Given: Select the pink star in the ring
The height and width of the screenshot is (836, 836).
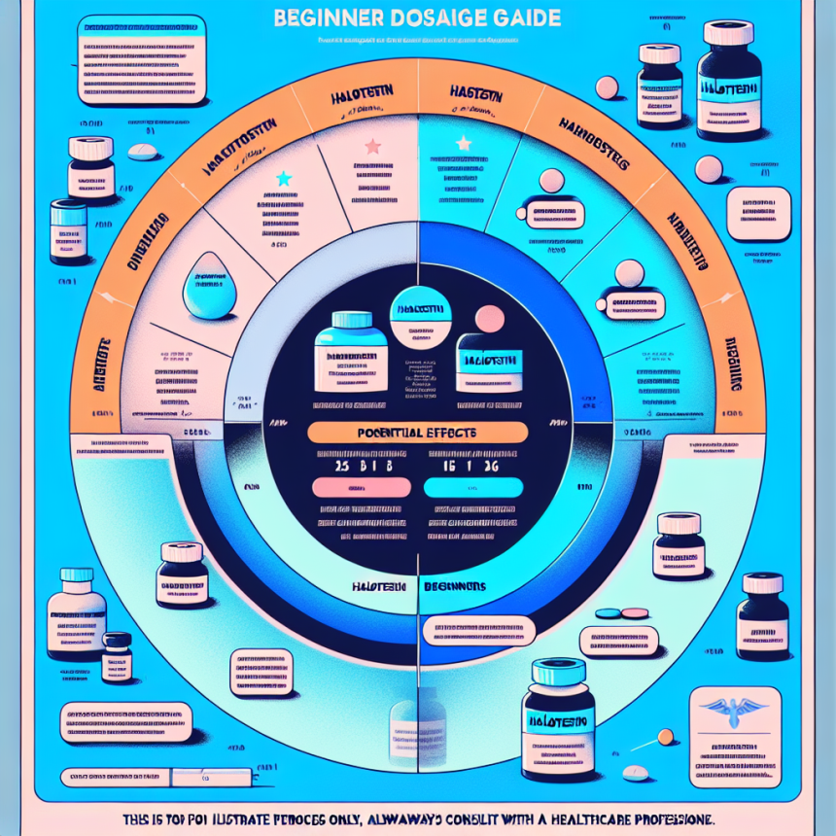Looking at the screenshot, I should [x=371, y=147].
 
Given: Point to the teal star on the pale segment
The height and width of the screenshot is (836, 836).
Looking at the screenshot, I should [x=283, y=179].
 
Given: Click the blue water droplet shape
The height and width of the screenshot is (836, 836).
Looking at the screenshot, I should [x=210, y=285].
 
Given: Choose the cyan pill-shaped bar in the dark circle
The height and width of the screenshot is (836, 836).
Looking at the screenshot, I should [x=475, y=488].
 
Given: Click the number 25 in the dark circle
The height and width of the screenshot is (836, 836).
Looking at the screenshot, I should [x=341, y=466].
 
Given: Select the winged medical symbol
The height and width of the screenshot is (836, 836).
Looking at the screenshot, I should [x=727, y=710].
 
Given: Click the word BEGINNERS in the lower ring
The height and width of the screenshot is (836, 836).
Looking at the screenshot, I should [x=455, y=587].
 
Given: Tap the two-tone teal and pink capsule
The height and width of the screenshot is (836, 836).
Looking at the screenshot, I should [x=620, y=613].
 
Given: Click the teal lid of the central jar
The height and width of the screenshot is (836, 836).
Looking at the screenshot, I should [x=351, y=321].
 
